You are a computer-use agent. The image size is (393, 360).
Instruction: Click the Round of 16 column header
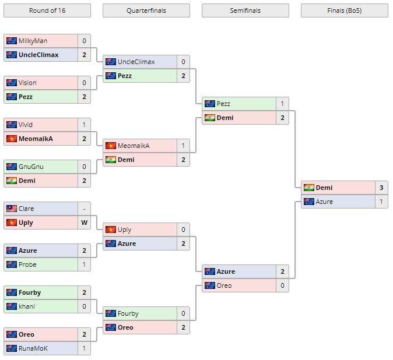[47, 10]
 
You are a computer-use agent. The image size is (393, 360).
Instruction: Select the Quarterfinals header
[146, 10]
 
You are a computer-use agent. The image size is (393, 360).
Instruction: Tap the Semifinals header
[245, 10]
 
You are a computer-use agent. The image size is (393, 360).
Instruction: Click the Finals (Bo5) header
[344, 10]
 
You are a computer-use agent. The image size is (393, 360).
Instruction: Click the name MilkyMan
[33, 41]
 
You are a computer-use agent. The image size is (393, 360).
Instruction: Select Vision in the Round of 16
[27, 83]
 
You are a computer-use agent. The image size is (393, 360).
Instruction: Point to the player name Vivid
[26, 125]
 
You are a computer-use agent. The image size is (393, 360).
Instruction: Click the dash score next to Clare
[84, 209]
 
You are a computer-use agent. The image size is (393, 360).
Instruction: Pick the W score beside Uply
[84, 223]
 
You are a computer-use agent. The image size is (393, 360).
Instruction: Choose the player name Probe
[27, 264]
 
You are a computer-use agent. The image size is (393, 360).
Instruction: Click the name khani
[27, 306]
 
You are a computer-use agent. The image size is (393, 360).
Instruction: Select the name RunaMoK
[33, 348]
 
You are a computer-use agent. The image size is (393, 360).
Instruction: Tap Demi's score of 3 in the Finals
[381, 188]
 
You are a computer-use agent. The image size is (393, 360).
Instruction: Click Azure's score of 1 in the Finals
[381, 202]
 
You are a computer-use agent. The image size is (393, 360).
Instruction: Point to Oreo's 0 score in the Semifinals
[282, 285]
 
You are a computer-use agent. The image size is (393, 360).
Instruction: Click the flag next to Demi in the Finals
[309, 188]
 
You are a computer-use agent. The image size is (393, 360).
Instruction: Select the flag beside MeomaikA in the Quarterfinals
[111, 146]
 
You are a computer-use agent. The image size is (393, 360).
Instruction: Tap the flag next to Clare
[12, 209]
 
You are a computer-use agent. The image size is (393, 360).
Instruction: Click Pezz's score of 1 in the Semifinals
[282, 104]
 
